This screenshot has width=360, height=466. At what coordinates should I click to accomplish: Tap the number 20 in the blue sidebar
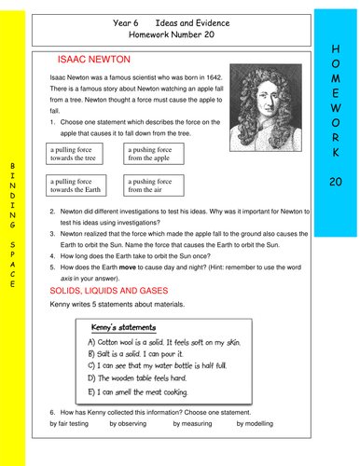[337, 182]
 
